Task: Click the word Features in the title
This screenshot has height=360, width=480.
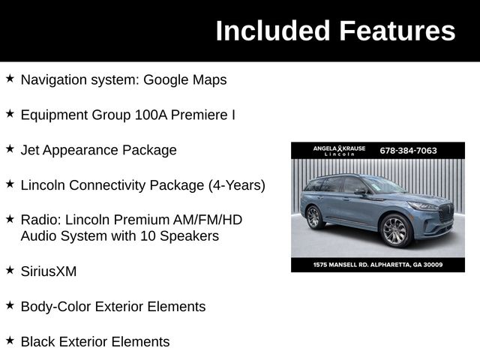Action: tap(397, 31)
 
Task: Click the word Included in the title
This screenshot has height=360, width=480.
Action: tap(273, 31)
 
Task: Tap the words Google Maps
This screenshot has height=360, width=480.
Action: tap(184, 79)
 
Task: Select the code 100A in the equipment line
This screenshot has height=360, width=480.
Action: tap(153, 115)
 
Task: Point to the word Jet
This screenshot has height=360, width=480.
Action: tap(29, 150)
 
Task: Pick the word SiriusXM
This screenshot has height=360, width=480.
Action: tap(49, 271)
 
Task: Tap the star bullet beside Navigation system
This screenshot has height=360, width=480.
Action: tap(10, 78)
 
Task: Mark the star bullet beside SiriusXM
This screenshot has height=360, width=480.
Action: tap(10, 270)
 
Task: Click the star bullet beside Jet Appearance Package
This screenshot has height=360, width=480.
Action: tap(10, 148)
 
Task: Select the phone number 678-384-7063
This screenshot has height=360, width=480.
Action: tap(408, 151)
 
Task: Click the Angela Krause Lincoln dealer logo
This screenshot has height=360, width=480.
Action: tap(339, 151)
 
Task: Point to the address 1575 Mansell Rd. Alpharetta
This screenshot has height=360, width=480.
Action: tap(378, 265)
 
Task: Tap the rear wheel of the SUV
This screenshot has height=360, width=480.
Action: tap(313, 217)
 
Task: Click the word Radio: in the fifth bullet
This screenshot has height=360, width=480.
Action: tap(40, 220)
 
